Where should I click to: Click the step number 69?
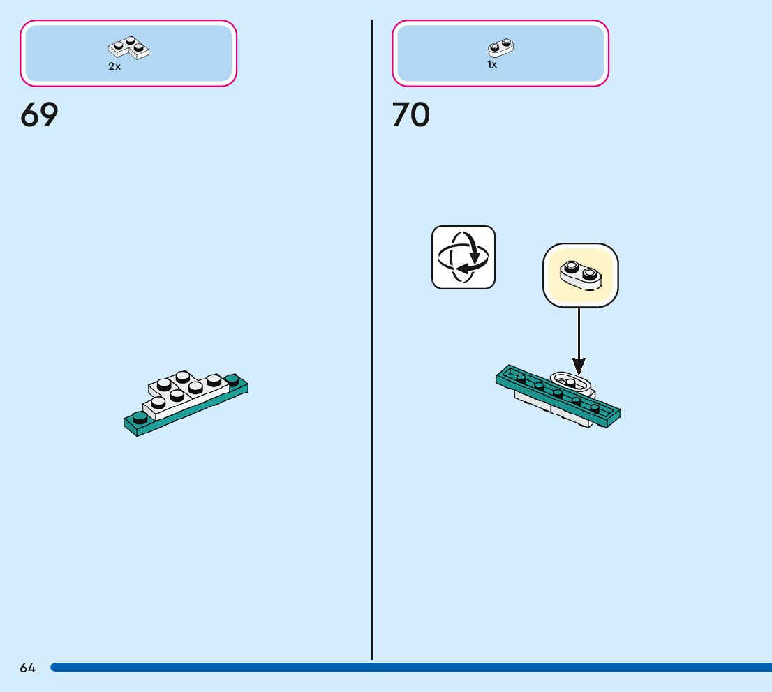39,115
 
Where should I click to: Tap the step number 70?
411,115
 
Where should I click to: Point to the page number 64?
28,668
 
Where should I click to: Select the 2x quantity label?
114,66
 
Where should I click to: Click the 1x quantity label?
492,65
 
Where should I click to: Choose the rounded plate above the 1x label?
500,47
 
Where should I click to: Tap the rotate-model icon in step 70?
463,257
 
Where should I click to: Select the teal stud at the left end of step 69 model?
140,417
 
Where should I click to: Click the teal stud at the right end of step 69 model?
232,380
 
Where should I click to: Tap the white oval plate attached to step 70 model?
572,382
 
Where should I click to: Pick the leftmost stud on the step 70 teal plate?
521,377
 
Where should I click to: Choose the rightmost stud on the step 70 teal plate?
595,407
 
